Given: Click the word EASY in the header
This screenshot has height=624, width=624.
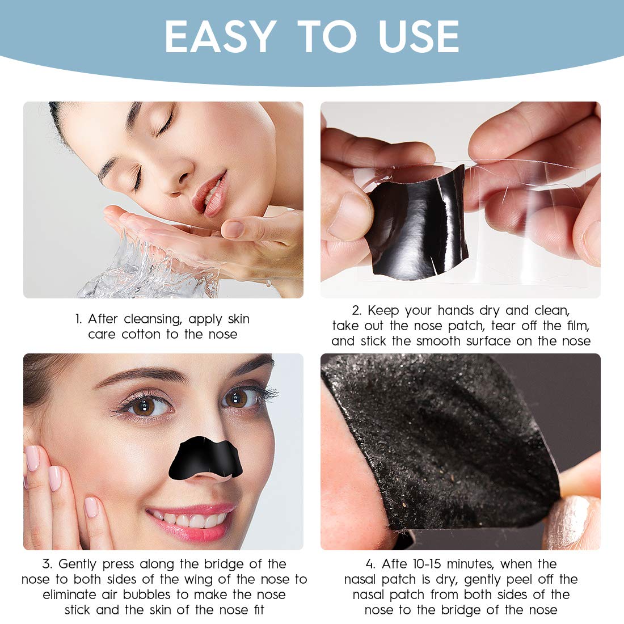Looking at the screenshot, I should click(220, 37).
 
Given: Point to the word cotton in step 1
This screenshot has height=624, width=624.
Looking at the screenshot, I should click(141, 335).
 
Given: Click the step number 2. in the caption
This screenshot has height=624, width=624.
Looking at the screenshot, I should click(356, 311).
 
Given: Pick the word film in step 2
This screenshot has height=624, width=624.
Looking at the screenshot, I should click(577, 326).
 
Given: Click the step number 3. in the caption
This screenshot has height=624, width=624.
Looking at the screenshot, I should click(47, 564).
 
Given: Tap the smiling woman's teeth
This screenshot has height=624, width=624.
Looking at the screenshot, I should click(190, 519).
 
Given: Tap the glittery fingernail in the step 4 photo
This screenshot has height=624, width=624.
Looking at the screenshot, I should click(570, 519).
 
